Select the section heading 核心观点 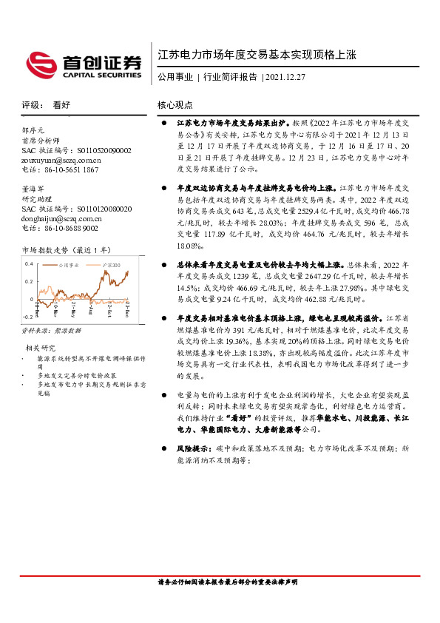(176, 105)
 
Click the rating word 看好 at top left (61, 105)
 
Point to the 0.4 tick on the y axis (29, 263)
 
